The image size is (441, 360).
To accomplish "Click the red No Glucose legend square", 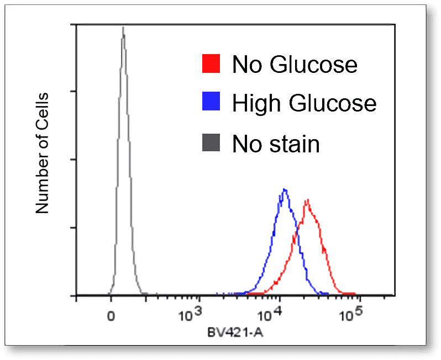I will (211, 64).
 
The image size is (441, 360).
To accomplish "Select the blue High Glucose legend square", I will (211, 102).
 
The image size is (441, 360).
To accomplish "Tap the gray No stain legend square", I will (211, 144).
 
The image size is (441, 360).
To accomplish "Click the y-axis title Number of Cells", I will (43, 153).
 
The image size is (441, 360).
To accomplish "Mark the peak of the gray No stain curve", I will (123, 28).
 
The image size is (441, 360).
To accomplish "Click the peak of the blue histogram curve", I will (284, 190).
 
